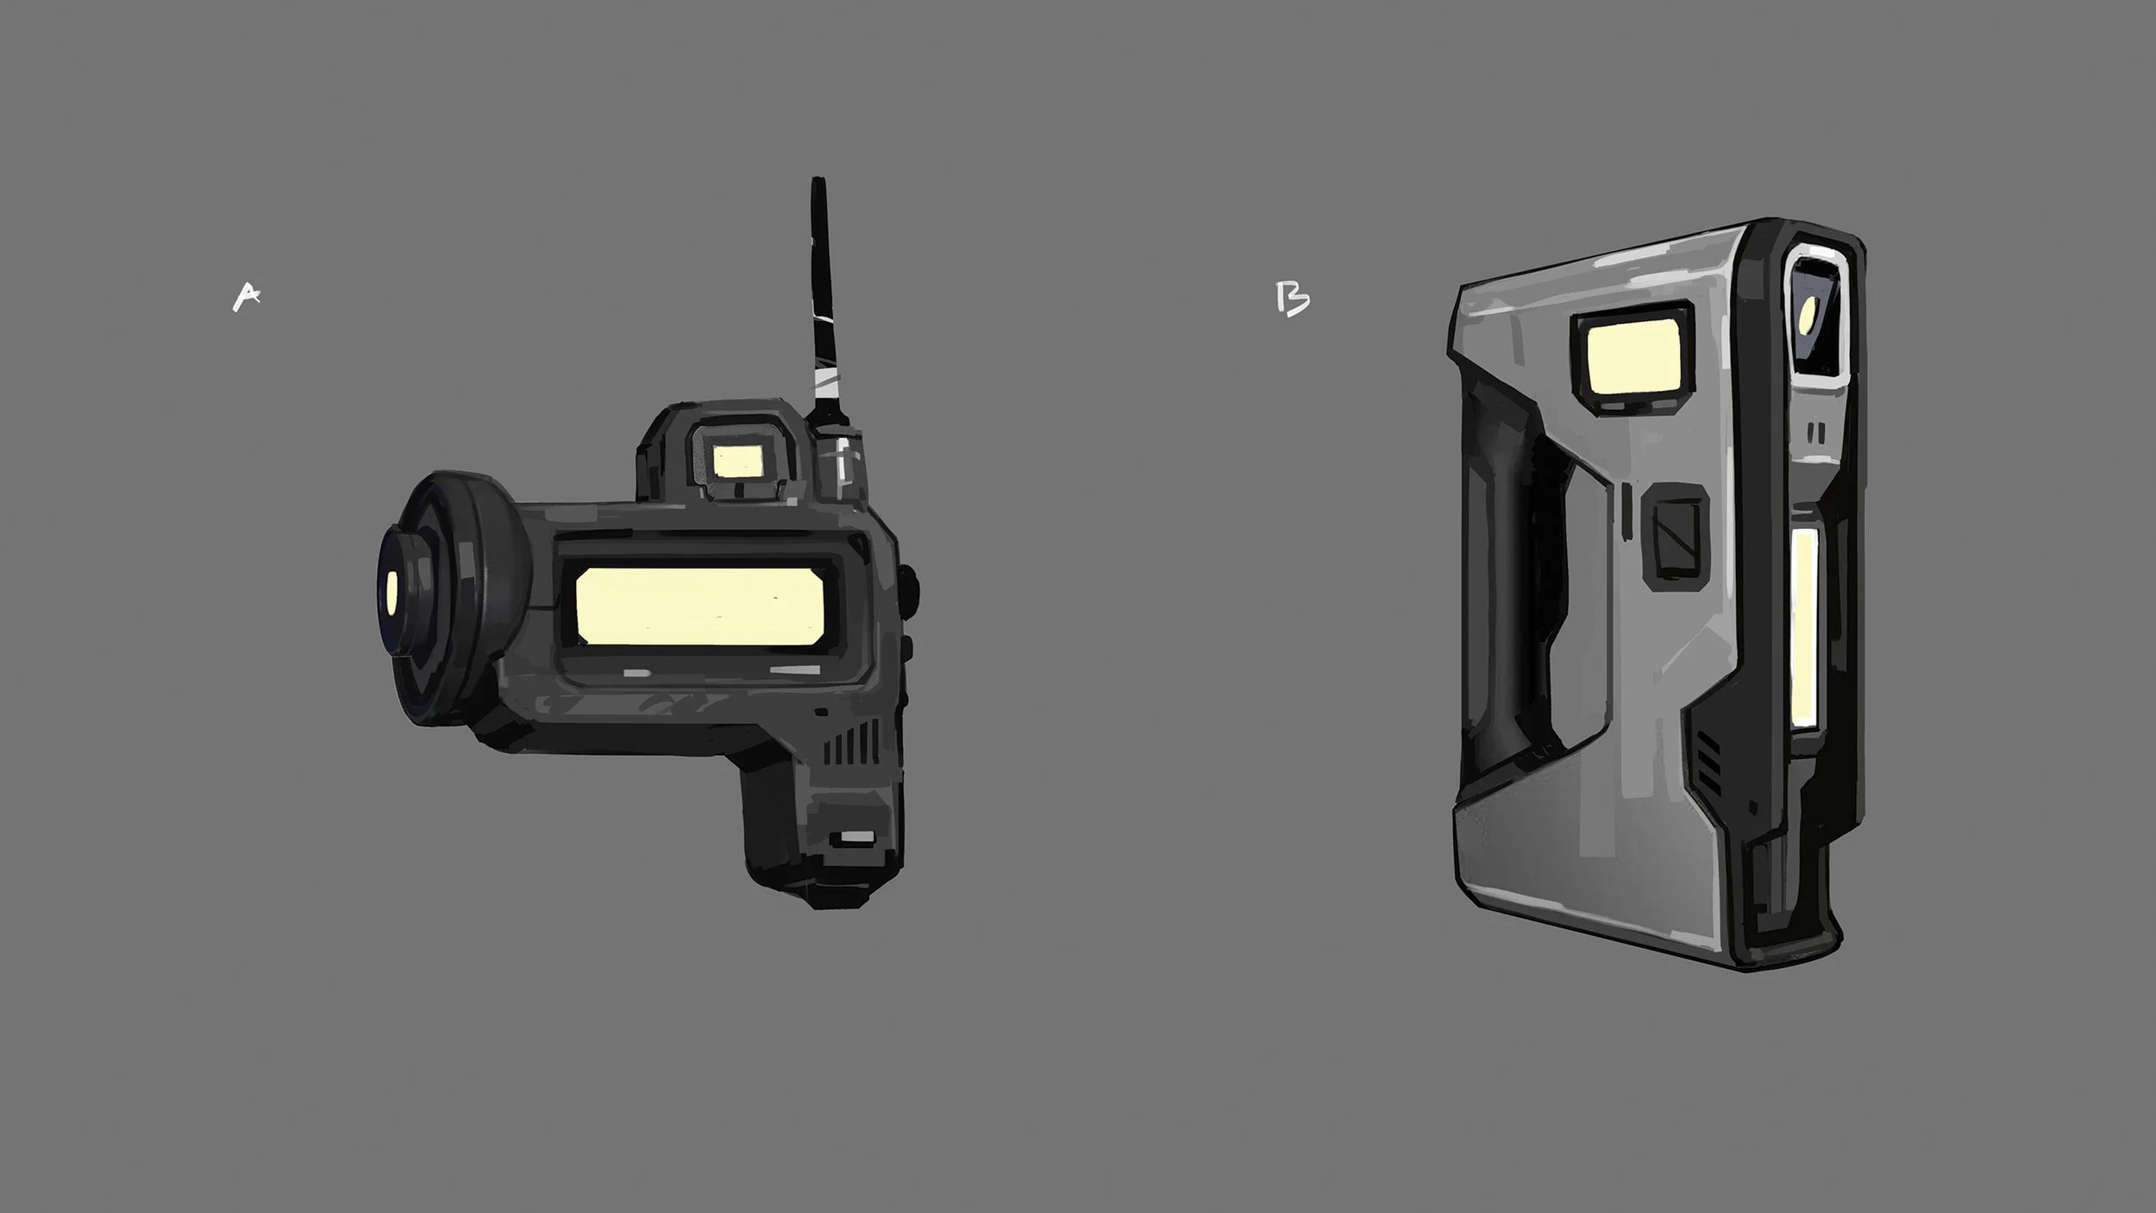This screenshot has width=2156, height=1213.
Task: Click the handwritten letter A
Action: pyautogui.click(x=248, y=297)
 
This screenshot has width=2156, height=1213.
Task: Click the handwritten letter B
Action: pyautogui.click(x=1293, y=299)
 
